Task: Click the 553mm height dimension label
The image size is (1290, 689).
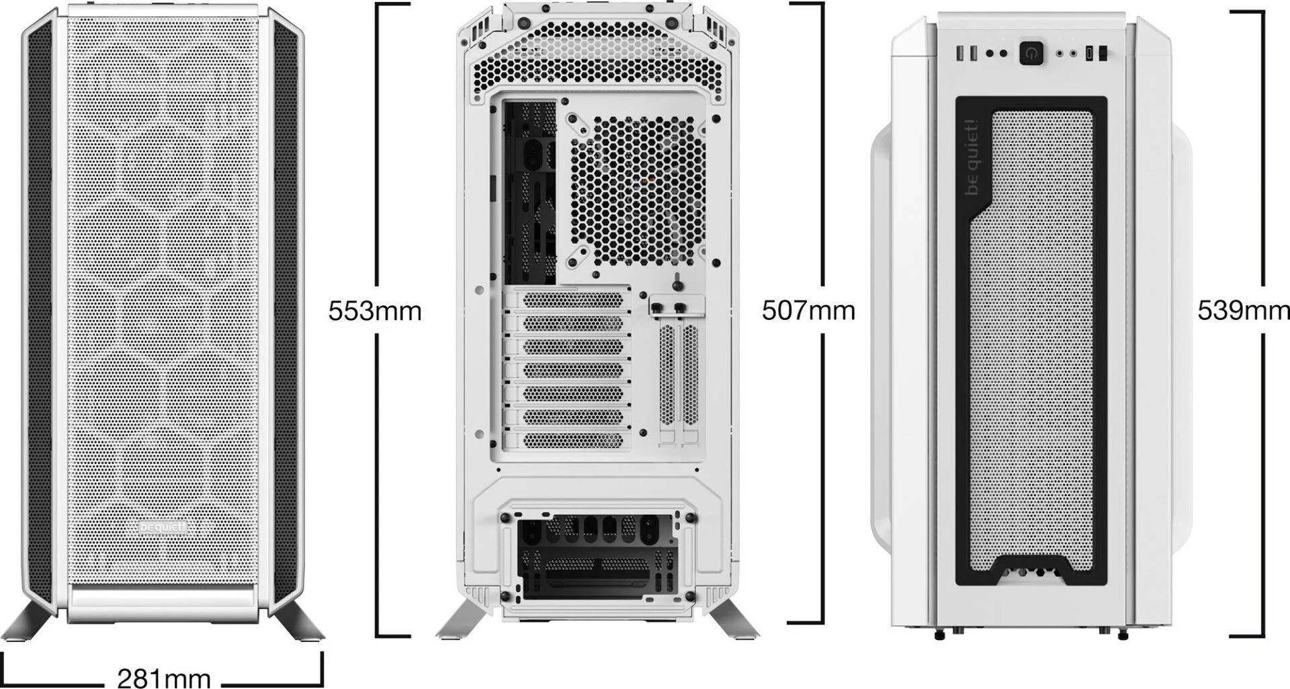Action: (x=374, y=311)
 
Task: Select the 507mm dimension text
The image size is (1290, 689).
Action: (x=808, y=311)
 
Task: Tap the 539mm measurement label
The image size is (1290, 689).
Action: (x=1244, y=311)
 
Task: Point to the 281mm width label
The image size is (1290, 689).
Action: (x=164, y=677)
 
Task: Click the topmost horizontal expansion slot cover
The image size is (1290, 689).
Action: (x=572, y=299)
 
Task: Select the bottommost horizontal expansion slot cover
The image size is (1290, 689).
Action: (x=572, y=440)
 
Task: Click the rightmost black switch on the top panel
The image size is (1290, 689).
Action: (x=1103, y=53)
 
